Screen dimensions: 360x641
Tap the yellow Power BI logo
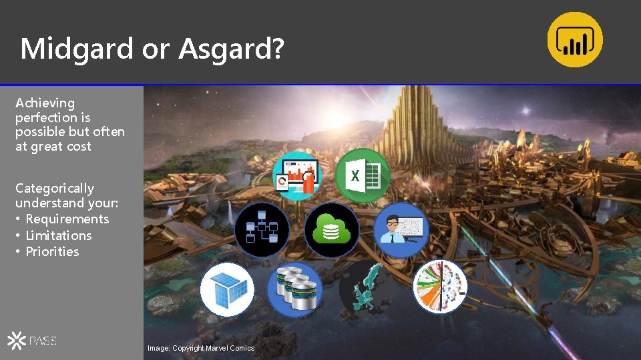575,39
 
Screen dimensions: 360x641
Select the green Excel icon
363,175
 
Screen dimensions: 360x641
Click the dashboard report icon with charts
298,175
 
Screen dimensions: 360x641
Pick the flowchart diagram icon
262,229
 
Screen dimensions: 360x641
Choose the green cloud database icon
332,229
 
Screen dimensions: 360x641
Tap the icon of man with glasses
401,229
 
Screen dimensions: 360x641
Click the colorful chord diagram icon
439,287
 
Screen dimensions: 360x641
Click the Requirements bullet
67,219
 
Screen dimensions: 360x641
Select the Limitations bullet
59,235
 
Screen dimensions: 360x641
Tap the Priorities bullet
52,251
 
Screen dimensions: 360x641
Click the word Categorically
55,188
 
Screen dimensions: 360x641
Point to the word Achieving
45,103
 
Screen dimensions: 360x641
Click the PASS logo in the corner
32,341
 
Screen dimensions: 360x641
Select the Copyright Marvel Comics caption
201,348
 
